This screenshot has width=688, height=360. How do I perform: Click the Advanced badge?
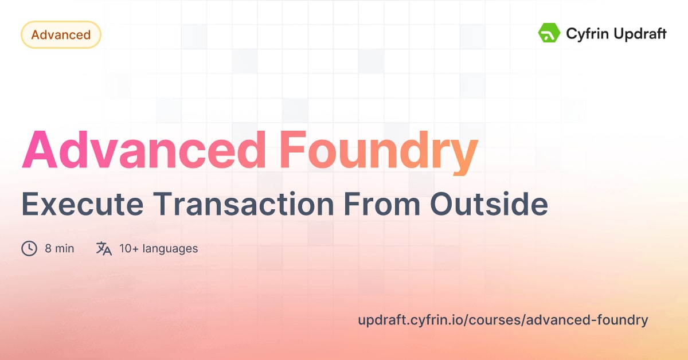pyautogui.click(x=61, y=35)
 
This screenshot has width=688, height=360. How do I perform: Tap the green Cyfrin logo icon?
pyautogui.click(x=549, y=33)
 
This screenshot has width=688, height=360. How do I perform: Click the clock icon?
pyautogui.click(x=29, y=249)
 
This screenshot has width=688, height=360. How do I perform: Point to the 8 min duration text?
pyautogui.click(x=59, y=249)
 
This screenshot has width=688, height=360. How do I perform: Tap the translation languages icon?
pyautogui.click(x=104, y=249)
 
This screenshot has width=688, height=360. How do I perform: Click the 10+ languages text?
pyautogui.click(x=158, y=249)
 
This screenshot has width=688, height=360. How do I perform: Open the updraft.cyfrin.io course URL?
pyautogui.click(x=502, y=320)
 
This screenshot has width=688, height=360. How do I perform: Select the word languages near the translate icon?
pyautogui.click(x=170, y=249)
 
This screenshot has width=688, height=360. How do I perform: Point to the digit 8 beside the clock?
pyautogui.click(x=48, y=249)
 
